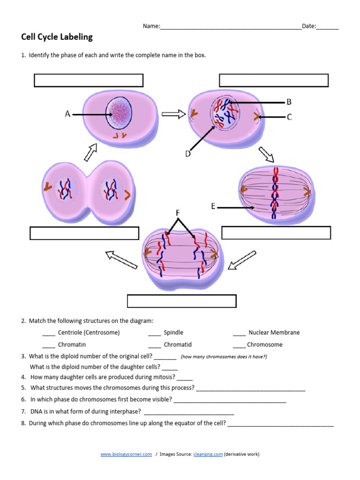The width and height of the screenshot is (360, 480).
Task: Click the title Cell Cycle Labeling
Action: [x=57, y=37]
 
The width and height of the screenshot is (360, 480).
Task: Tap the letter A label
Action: [x=68, y=114]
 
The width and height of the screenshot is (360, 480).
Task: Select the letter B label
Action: [x=289, y=102]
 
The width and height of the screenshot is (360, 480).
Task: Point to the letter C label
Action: [x=289, y=117]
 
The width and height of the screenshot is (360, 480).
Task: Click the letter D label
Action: [x=188, y=153]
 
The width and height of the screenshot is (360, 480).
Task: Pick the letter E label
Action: [x=213, y=206]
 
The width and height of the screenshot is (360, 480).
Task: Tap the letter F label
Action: [x=178, y=213]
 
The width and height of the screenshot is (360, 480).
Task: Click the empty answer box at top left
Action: [x=89, y=80]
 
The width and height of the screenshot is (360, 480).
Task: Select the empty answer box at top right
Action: [x=274, y=80]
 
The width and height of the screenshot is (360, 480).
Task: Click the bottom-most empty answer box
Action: [x=181, y=301]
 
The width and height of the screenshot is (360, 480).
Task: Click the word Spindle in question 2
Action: [x=173, y=333]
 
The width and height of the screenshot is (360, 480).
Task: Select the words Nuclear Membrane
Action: [x=274, y=333]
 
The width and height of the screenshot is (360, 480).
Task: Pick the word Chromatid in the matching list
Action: [x=178, y=345]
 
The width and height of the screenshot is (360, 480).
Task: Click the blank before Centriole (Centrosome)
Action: [x=49, y=333]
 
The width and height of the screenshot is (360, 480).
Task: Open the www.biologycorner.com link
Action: [x=126, y=454]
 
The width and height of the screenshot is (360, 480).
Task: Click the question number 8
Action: [x=23, y=423]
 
